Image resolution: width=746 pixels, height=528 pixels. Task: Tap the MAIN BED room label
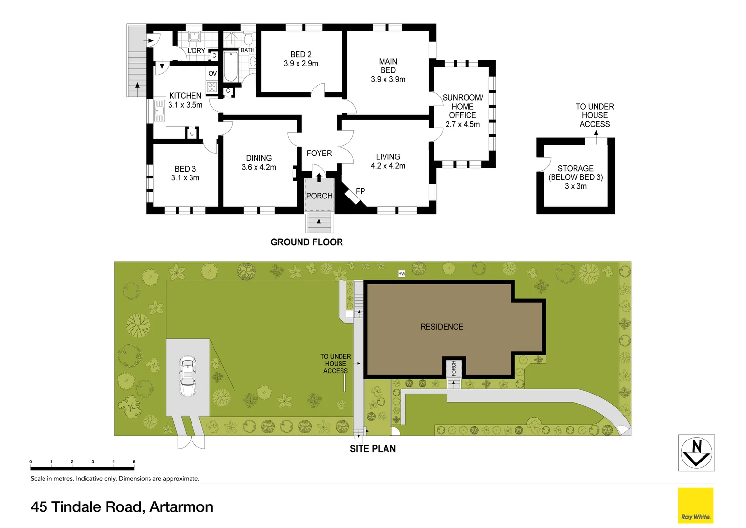388,70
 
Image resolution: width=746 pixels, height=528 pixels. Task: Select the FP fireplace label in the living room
360,191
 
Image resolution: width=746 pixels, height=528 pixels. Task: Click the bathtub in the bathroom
231,66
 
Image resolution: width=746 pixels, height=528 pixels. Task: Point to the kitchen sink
160,110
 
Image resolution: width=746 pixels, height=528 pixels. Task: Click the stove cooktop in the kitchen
212,87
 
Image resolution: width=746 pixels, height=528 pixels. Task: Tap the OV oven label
213,74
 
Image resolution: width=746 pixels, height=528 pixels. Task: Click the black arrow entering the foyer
319,176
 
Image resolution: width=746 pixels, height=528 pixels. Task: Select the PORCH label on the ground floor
319,196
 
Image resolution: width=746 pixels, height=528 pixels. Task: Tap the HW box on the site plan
402,274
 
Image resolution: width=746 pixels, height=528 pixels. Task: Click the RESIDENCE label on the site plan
442,327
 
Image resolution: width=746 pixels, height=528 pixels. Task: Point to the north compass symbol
696,453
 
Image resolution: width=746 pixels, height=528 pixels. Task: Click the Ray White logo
696,506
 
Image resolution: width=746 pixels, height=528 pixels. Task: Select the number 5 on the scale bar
134,462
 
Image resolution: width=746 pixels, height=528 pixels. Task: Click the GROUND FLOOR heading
306,242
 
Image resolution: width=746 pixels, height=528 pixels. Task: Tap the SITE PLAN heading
372,449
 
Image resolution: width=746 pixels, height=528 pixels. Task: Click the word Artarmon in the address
181,507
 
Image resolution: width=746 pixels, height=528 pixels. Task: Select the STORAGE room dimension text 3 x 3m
575,186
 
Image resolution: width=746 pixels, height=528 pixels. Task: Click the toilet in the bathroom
248,38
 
